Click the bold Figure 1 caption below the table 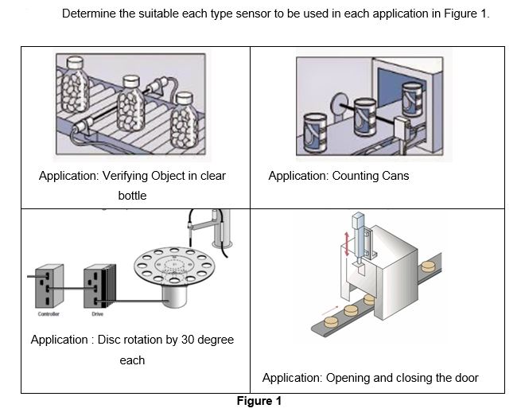point(259,401)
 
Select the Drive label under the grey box point(96,314)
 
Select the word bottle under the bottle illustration point(132,195)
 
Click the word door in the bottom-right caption point(466,378)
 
